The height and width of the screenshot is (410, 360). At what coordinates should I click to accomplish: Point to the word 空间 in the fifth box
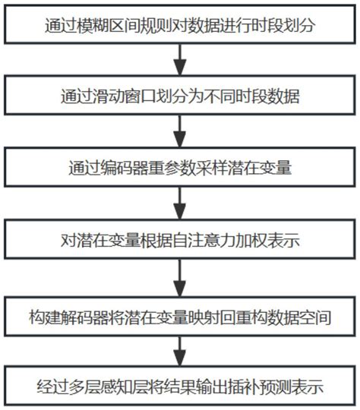[315, 317]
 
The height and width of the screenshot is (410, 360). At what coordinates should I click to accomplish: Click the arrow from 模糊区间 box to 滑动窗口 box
[180, 60]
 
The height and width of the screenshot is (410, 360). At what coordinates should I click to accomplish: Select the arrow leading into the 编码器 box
[180, 131]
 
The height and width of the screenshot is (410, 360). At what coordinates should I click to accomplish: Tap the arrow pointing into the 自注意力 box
[180, 203]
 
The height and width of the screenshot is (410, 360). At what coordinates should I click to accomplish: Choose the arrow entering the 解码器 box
[180, 278]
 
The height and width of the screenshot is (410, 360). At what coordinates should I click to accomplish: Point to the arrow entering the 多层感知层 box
[180, 352]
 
